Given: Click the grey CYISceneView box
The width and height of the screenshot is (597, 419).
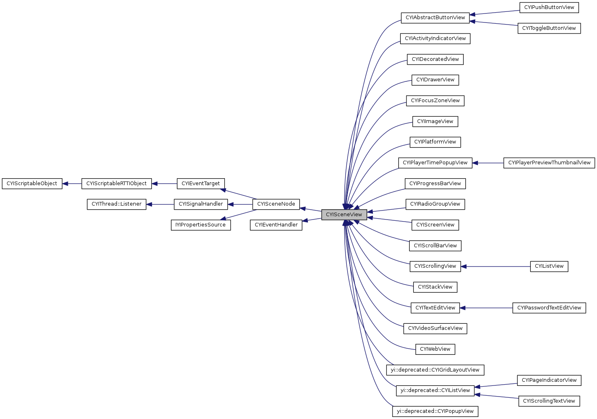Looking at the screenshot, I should (x=344, y=215).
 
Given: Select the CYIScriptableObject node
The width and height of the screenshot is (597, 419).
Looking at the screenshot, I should (x=32, y=184).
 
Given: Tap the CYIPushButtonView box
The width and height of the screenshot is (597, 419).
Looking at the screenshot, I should (x=549, y=7).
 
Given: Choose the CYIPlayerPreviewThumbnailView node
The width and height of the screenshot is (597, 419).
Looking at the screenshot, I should (x=549, y=163).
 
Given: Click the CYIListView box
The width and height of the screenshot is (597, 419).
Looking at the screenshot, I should (x=549, y=266).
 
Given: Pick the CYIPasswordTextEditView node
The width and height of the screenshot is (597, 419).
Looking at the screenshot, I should (x=549, y=308).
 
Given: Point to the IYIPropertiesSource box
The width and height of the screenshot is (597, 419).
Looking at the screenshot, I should (x=200, y=225).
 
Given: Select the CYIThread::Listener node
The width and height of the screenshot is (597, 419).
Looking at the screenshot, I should (x=117, y=204).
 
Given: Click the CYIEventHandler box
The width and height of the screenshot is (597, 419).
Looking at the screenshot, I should (x=276, y=225).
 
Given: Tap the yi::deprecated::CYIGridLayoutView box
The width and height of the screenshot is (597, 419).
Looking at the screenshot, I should (x=435, y=370).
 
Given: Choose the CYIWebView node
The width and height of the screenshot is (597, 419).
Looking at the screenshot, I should (x=435, y=349).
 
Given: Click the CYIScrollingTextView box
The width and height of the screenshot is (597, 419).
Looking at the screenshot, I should (x=549, y=401).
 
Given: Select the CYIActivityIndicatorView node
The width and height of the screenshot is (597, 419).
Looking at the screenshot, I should (x=435, y=38).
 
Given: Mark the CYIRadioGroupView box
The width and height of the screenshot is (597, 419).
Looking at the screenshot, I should (x=435, y=204).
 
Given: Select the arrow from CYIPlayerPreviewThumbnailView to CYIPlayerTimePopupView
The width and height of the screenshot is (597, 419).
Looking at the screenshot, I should (x=487, y=163).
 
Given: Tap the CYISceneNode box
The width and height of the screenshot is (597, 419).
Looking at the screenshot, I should (x=276, y=204).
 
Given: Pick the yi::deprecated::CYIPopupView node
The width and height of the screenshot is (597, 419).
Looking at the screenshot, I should (x=435, y=411).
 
